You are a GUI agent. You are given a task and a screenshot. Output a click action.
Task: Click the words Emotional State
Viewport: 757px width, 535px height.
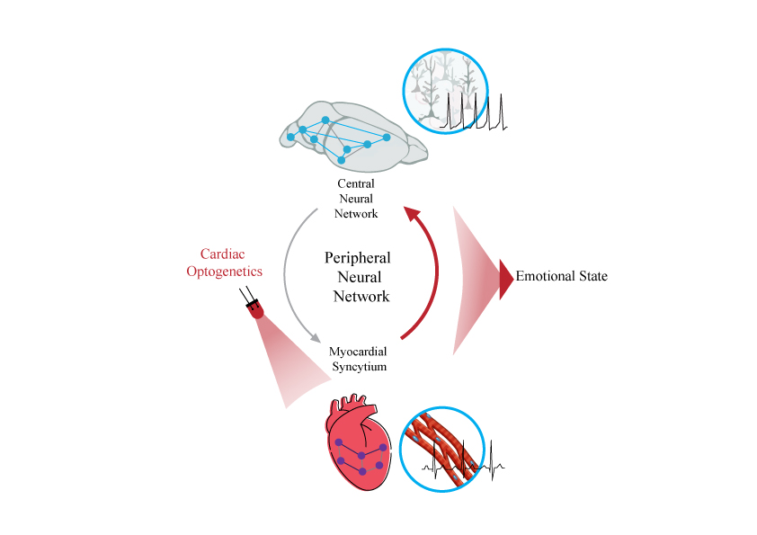tap(561, 276)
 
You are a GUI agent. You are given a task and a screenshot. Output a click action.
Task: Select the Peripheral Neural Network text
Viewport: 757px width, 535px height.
tap(357, 276)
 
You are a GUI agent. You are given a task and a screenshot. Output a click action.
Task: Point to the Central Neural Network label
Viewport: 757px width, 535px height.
tap(357, 199)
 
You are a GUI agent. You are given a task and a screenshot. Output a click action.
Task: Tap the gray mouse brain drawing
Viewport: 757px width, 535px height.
tap(351, 139)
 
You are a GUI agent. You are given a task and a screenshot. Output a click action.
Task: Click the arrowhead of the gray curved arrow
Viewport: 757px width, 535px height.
tap(315, 339)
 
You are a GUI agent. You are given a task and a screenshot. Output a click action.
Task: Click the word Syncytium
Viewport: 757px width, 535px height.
tap(358, 366)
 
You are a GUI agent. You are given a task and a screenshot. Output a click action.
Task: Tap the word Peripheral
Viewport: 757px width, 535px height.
tap(357, 257)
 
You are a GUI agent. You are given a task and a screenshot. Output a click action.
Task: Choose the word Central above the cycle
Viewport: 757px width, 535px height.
tap(357, 183)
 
